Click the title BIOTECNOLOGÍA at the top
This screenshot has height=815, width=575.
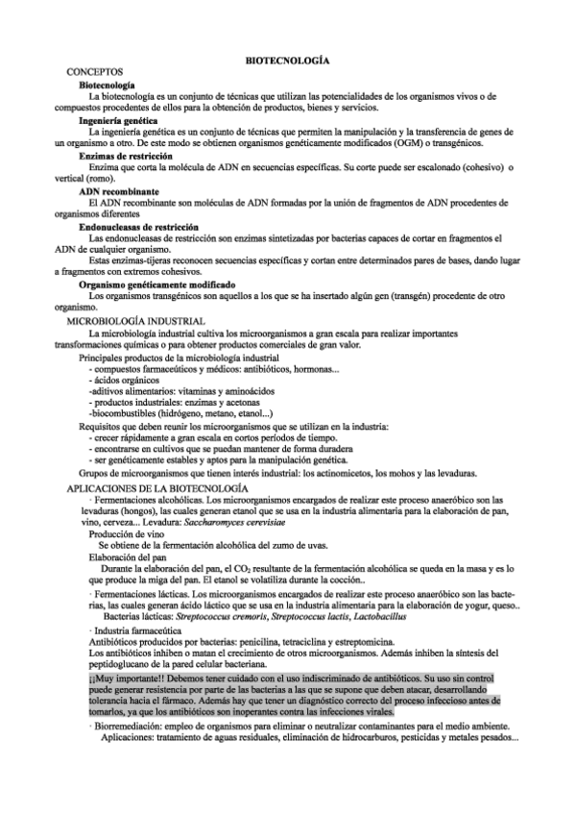point(288,60)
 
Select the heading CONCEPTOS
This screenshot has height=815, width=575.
point(94,73)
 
